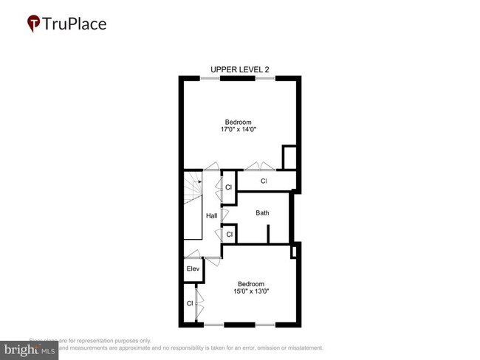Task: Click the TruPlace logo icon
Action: (33, 24)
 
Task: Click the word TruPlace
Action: (75, 24)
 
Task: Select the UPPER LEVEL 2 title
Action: (240, 70)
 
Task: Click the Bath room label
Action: (262, 213)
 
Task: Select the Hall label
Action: (211, 216)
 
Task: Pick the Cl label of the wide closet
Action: (263, 181)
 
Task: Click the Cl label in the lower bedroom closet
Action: (190, 303)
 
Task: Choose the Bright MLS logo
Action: (30, 350)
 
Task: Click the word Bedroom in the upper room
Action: (239, 122)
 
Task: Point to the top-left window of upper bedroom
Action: (210, 78)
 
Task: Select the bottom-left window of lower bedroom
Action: (214, 325)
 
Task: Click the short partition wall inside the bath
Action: (268, 234)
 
